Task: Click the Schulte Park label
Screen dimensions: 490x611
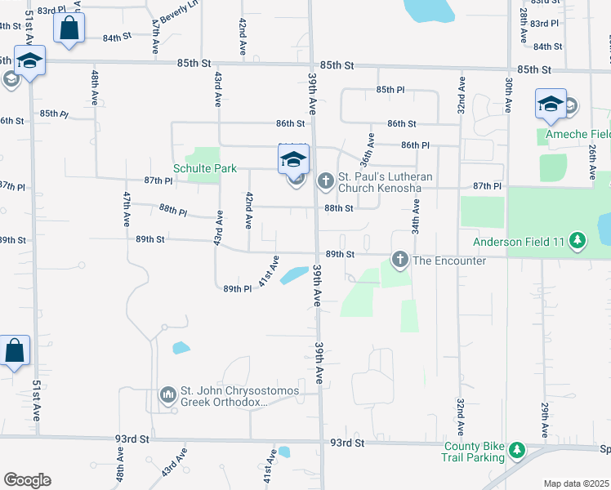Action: [204, 169]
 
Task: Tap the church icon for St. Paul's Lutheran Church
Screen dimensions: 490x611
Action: [325, 179]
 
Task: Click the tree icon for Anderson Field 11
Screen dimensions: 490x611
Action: [578, 240]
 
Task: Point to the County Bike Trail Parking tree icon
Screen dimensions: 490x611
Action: [516, 450]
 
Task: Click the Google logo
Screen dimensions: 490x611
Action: [27, 479]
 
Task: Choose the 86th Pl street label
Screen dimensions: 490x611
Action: [415, 145]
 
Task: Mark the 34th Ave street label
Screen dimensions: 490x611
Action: [416, 219]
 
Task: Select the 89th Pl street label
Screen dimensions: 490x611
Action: [237, 288]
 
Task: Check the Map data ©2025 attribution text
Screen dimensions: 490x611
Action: [576, 483]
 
